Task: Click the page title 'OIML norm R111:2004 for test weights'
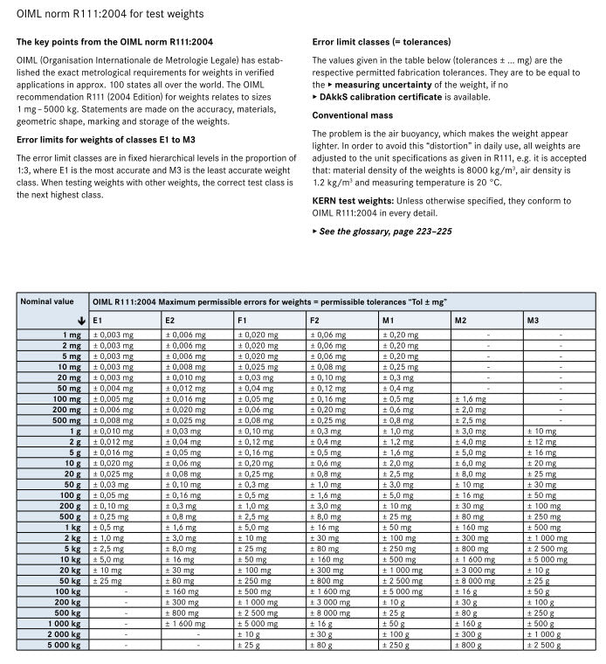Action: pos(110,14)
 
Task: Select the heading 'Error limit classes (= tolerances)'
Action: pos(381,41)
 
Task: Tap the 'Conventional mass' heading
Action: pos(352,115)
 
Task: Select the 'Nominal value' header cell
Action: pos(47,301)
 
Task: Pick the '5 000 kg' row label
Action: pos(65,645)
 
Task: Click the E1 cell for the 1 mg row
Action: pos(114,335)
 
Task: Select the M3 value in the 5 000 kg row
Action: pos(545,645)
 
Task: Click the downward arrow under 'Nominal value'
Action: pos(81,321)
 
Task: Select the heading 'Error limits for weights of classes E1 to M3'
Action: pos(104,138)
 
